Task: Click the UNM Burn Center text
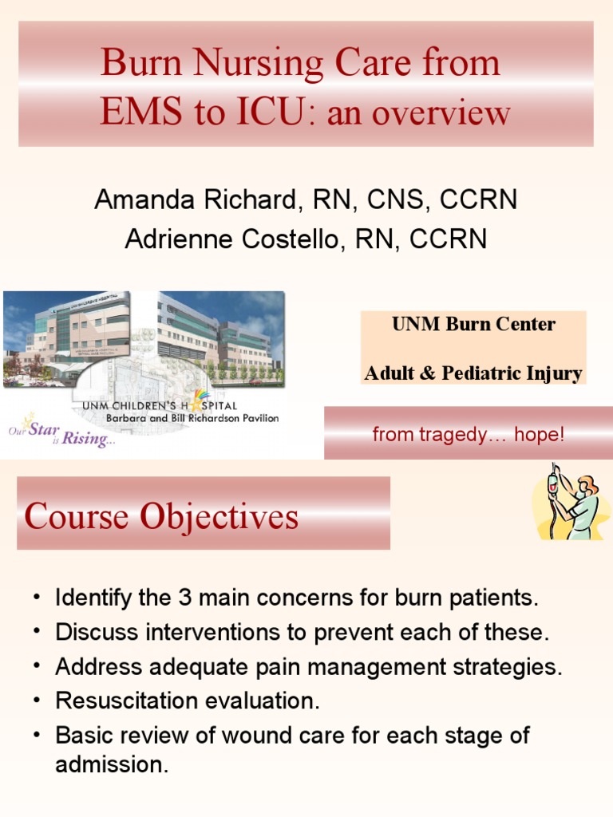tap(473, 325)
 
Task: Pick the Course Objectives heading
tap(162, 517)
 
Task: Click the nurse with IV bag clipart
tap(568, 502)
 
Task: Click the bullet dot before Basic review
tap(37, 736)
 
